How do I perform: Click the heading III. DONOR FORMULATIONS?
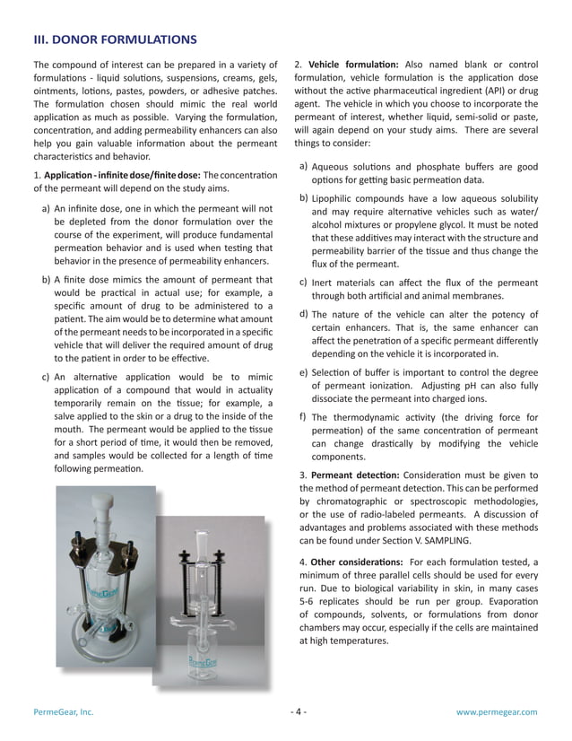point(115,39)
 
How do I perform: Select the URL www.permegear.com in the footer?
point(497,711)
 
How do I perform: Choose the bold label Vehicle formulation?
point(353,65)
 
